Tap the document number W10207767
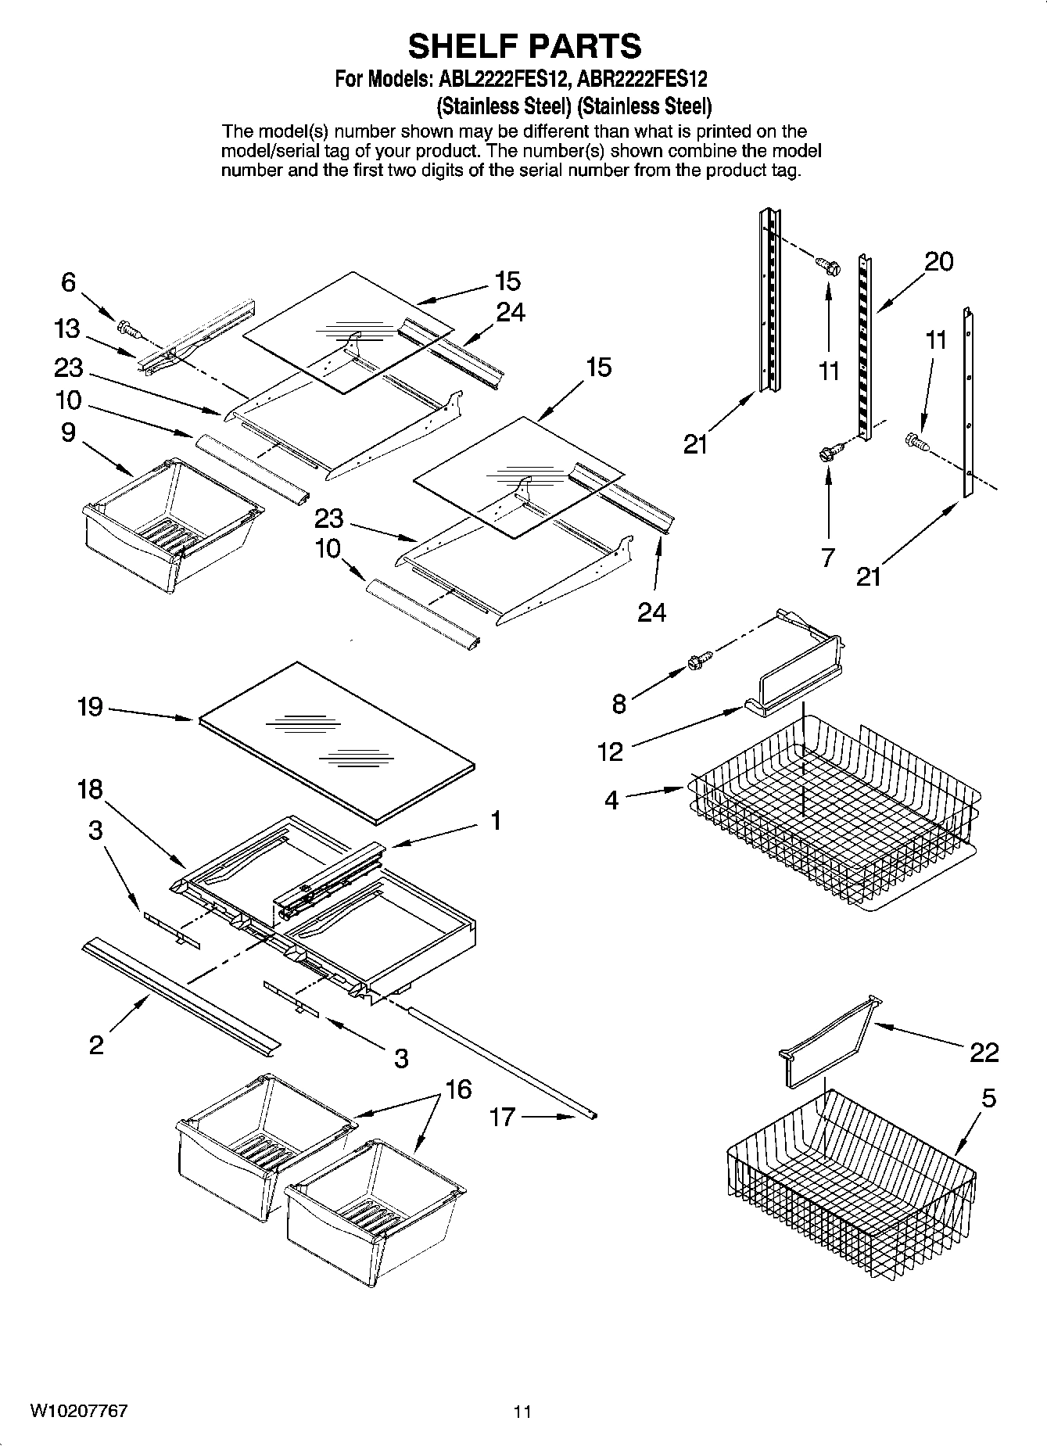[x=79, y=1411]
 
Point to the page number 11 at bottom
[x=522, y=1412]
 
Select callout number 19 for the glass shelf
[x=90, y=707]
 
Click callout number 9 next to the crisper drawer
[x=69, y=432]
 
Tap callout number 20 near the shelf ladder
[x=938, y=261]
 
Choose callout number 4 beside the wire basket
[x=611, y=800]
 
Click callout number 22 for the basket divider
[x=984, y=1053]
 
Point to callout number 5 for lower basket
[x=988, y=1098]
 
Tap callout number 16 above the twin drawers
[x=458, y=1089]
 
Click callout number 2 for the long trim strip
[x=95, y=1045]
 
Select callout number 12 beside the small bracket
[x=610, y=752]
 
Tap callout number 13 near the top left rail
[x=67, y=328]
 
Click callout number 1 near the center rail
[x=495, y=820]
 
